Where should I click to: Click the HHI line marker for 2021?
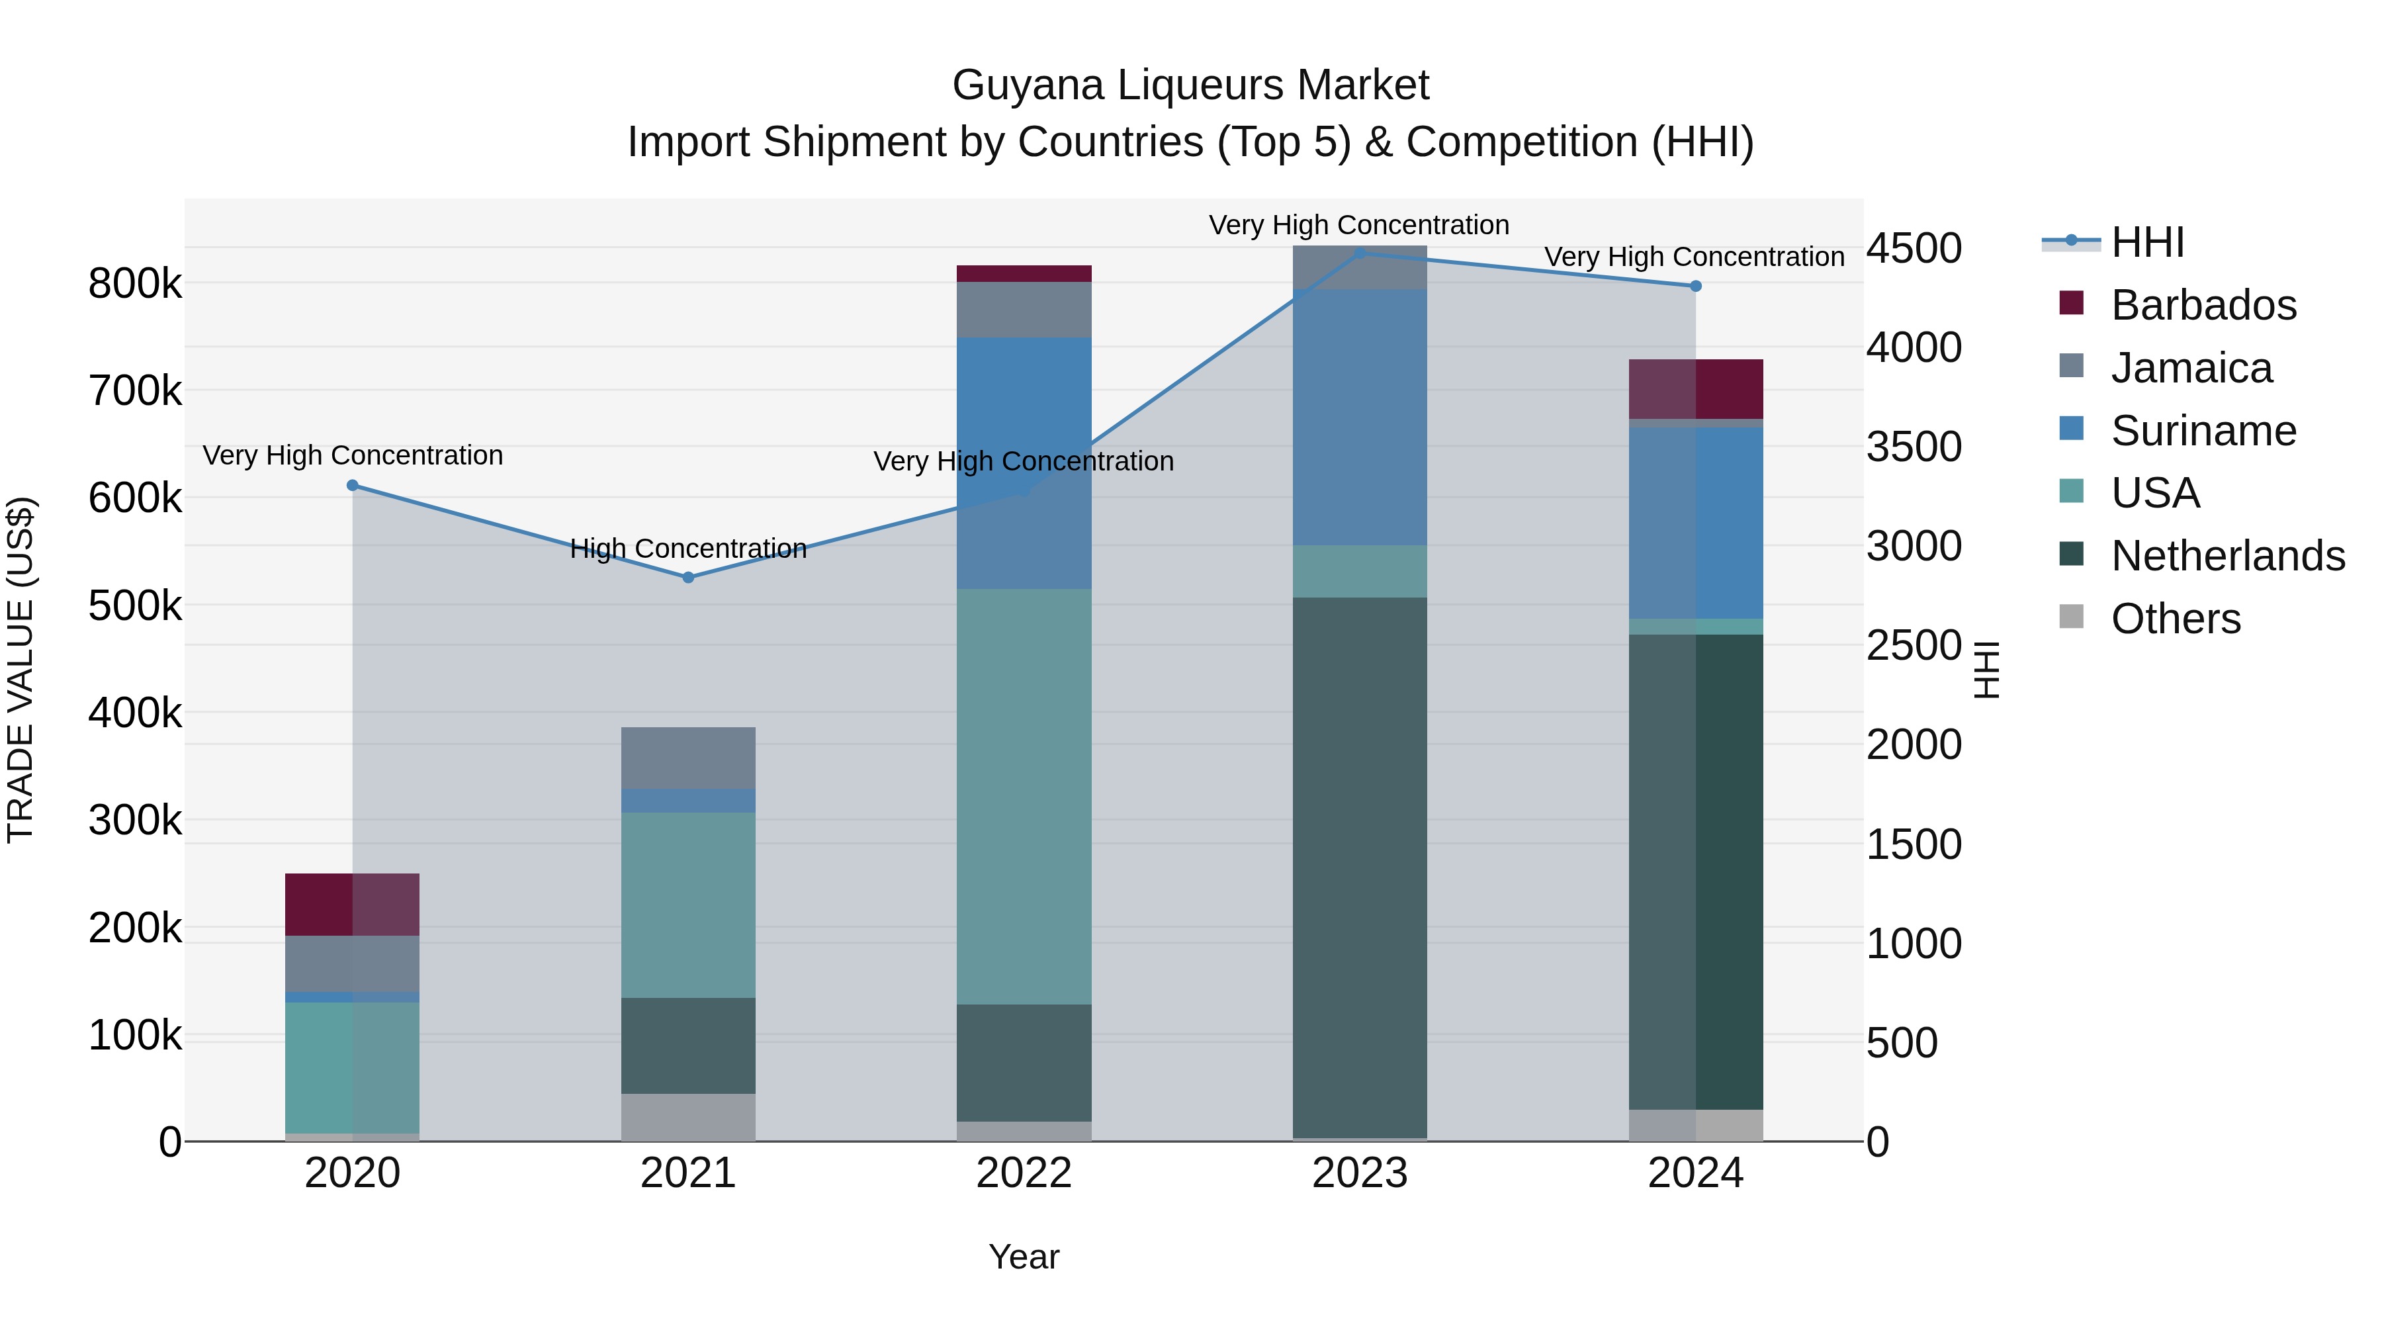[688, 577]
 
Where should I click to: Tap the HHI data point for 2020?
[352, 486]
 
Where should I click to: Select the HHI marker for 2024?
[1695, 287]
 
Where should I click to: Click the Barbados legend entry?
[2203, 305]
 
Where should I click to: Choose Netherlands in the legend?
[2228, 556]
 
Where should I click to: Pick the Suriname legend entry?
[2203, 431]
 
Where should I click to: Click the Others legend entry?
[2176, 619]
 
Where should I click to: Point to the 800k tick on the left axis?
[135, 284]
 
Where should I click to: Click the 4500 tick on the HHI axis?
[1913, 248]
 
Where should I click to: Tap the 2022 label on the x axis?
[1024, 1173]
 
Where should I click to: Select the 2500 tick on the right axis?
[1913, 645]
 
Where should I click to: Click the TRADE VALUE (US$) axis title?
[21, 670]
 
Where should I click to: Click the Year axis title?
[1024, 1257]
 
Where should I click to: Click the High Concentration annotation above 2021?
[688, 549]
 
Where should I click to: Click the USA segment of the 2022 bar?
[1024, 796]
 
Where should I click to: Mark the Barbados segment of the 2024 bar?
[1695, 389]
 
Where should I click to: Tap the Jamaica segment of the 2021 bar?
[688, 758]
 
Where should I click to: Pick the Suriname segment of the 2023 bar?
[1359, 417]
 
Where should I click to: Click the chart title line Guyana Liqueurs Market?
[1190, 85]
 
